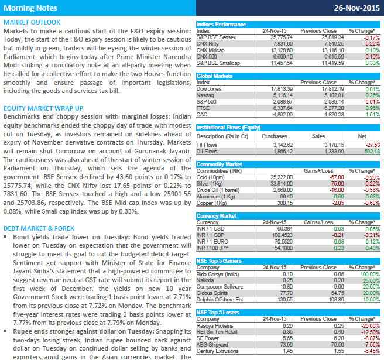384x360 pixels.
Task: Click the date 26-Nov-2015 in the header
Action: [x=357, y=8]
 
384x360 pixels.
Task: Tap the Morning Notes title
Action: [x=30, y=8]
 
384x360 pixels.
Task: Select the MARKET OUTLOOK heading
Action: [x=32, y=22]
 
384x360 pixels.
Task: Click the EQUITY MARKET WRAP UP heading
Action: [x=43, y=108]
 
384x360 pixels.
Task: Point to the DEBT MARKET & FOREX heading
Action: [x=39, y=228]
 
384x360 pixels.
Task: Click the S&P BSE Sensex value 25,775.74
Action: [x=282, y=37]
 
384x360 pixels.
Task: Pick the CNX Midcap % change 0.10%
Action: [x=373, y=50]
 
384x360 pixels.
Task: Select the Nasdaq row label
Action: [x=205, y=95]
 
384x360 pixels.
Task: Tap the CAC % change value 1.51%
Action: [x=373, y=115]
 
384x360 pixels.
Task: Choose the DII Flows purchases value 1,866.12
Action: [x=283, y=152]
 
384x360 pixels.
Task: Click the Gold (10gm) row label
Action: [x=210, y=177]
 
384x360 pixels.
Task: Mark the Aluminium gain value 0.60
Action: [x=339, y=197]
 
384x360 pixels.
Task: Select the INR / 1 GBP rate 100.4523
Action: [x=282, y=235]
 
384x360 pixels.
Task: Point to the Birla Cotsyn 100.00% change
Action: [x=370, y=275]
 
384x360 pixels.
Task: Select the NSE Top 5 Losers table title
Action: [x=218, y=313]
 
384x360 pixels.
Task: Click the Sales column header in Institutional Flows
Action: [x=318, y=136]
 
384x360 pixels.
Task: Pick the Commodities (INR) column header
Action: [x=219, y=171]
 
